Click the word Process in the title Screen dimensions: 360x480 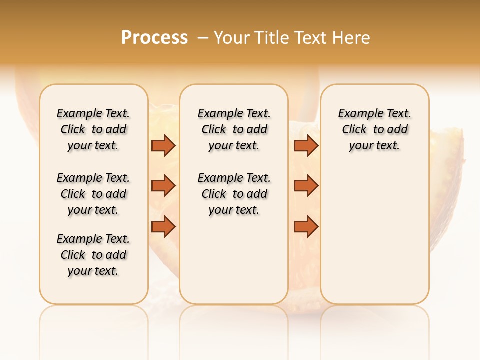coord(154,38)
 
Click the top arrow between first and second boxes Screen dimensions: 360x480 coord(163,145)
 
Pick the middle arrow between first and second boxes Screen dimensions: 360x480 coord(163,186)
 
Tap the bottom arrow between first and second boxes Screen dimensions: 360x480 coord(163,227)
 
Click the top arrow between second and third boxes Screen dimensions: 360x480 coord(306,145)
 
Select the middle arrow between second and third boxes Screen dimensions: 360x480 coord(306,186)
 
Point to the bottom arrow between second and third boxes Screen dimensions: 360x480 coord(306,227)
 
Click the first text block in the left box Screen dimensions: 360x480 coord(93,129)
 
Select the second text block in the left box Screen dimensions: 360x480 coord(93,194)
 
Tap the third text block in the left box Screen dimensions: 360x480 coord(93,255)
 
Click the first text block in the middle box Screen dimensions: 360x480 coord(234,129)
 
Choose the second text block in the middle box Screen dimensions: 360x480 coord(234,194)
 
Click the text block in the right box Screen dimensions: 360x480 coord(374,129)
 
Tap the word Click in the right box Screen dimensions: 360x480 coord(354,129)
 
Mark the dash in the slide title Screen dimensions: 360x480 coord(203,38)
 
